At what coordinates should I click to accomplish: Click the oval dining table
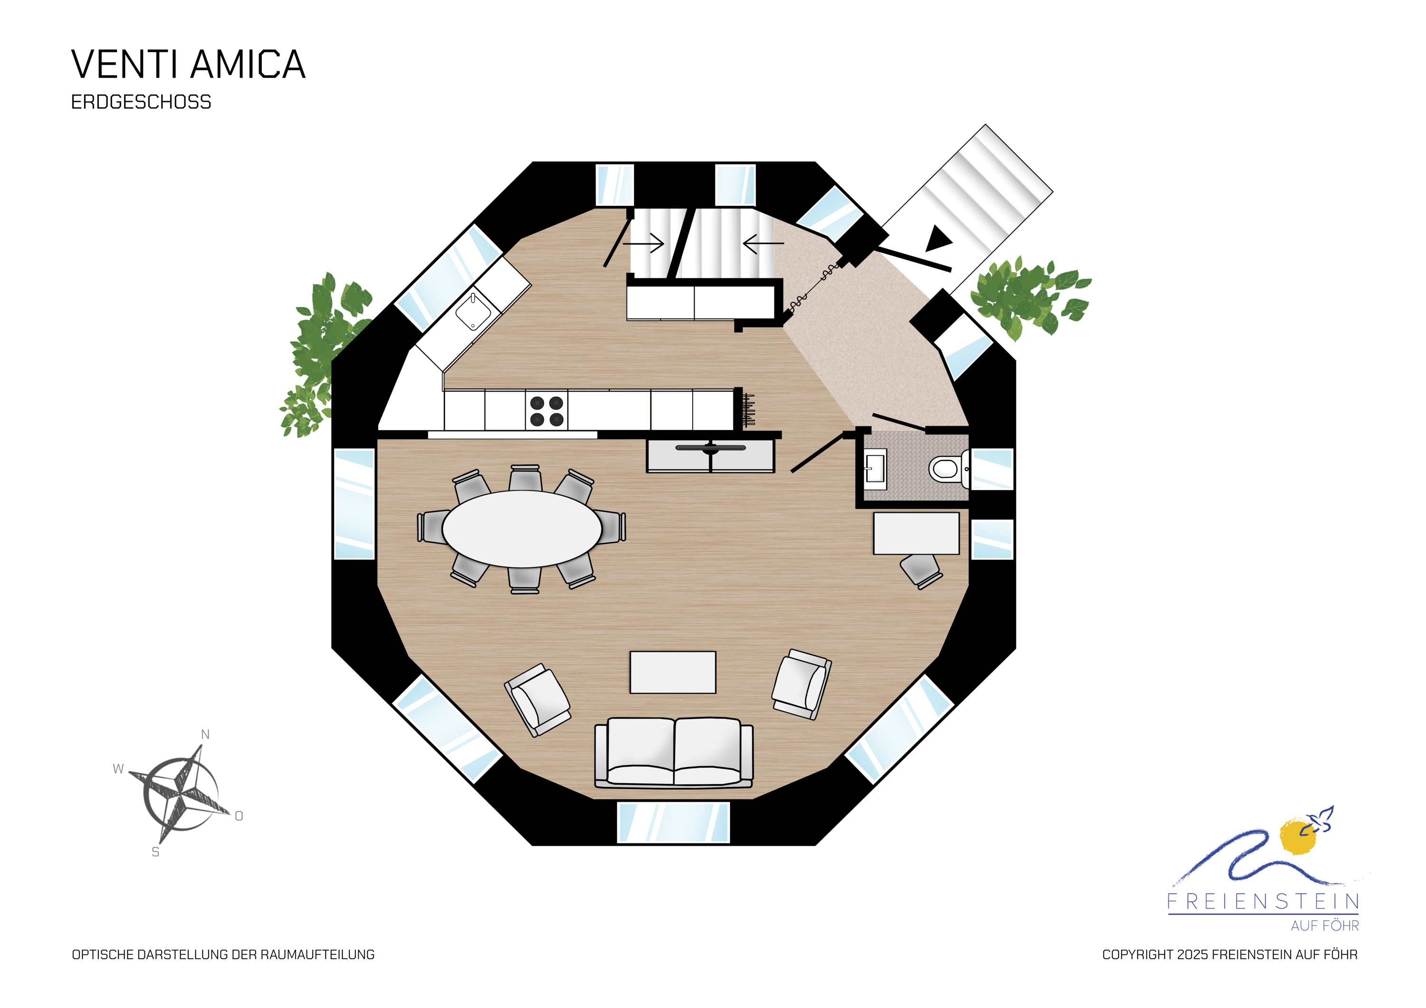[522, 528]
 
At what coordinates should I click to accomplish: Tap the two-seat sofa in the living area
[674, 752]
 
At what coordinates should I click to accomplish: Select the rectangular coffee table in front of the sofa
[673, 672]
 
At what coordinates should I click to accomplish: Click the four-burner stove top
[547, 411]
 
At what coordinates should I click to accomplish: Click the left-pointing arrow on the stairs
[763, 243]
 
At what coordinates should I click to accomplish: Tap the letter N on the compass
[205, 735]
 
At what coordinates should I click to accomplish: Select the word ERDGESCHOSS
[141, 102]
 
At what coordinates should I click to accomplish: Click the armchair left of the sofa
[537, 701]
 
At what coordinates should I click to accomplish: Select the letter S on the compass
[155, 852]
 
